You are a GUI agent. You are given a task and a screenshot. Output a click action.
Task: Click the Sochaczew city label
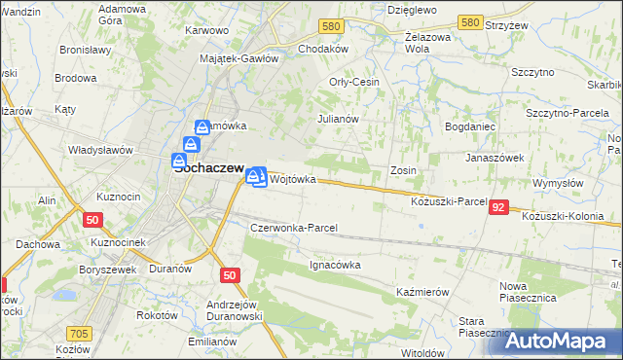pos(208,166)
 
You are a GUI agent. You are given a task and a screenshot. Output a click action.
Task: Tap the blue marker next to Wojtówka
pos(256,177)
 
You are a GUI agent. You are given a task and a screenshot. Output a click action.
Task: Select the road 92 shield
pos(498,207)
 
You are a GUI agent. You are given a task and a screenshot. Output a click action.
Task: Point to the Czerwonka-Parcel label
pos(294,228)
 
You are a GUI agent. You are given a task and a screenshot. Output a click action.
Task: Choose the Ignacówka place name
pos(336,264)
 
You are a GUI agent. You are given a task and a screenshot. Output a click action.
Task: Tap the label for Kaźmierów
pos(421,292)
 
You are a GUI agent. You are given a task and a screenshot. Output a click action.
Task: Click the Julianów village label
pos(340,119)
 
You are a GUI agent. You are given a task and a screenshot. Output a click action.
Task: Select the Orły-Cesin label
pos(354,82)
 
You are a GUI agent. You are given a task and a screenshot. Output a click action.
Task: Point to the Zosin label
pos(404,170)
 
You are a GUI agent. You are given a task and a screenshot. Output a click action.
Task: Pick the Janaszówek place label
pos(495,157)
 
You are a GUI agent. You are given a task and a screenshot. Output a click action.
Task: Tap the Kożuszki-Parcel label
pos(449,200)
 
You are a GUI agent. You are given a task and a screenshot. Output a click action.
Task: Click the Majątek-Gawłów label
pos(239,57)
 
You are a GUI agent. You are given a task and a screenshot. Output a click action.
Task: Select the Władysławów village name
pos(99,150)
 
